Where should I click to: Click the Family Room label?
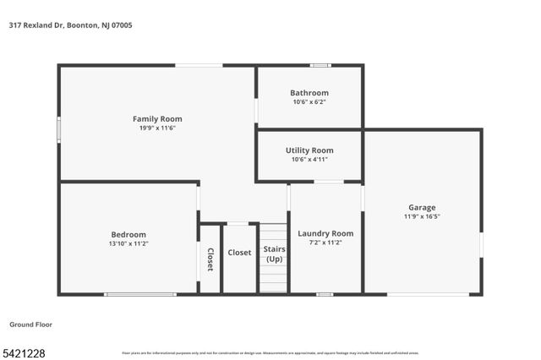(x=157, y=119)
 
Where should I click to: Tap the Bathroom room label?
(x=309, y=93)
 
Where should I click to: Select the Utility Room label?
(x=309, y=150)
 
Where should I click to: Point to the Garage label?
(x=423, y=207)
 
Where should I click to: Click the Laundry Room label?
(x=325, y=233)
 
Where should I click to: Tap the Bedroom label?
(x=128, y=234)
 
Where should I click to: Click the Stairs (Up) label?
(x=274, y=254)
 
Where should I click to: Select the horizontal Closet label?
(x=240, y=253)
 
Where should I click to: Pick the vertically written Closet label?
(x=210, y=259)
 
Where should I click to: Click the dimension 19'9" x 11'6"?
(x=157, y=128)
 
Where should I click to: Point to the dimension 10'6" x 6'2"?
(x=309, y=102)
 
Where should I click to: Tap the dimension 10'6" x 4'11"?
(x=309, y=160)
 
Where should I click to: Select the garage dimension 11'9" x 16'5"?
(x=423, y=216)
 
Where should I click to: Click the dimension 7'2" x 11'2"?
(x=325, y=243)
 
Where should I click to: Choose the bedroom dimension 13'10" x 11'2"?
(x=128, y=243)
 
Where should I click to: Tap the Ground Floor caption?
(x=32, y=325)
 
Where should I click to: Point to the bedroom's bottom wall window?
(x=140, y=294)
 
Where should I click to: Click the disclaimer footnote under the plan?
(x=270, y=353)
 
